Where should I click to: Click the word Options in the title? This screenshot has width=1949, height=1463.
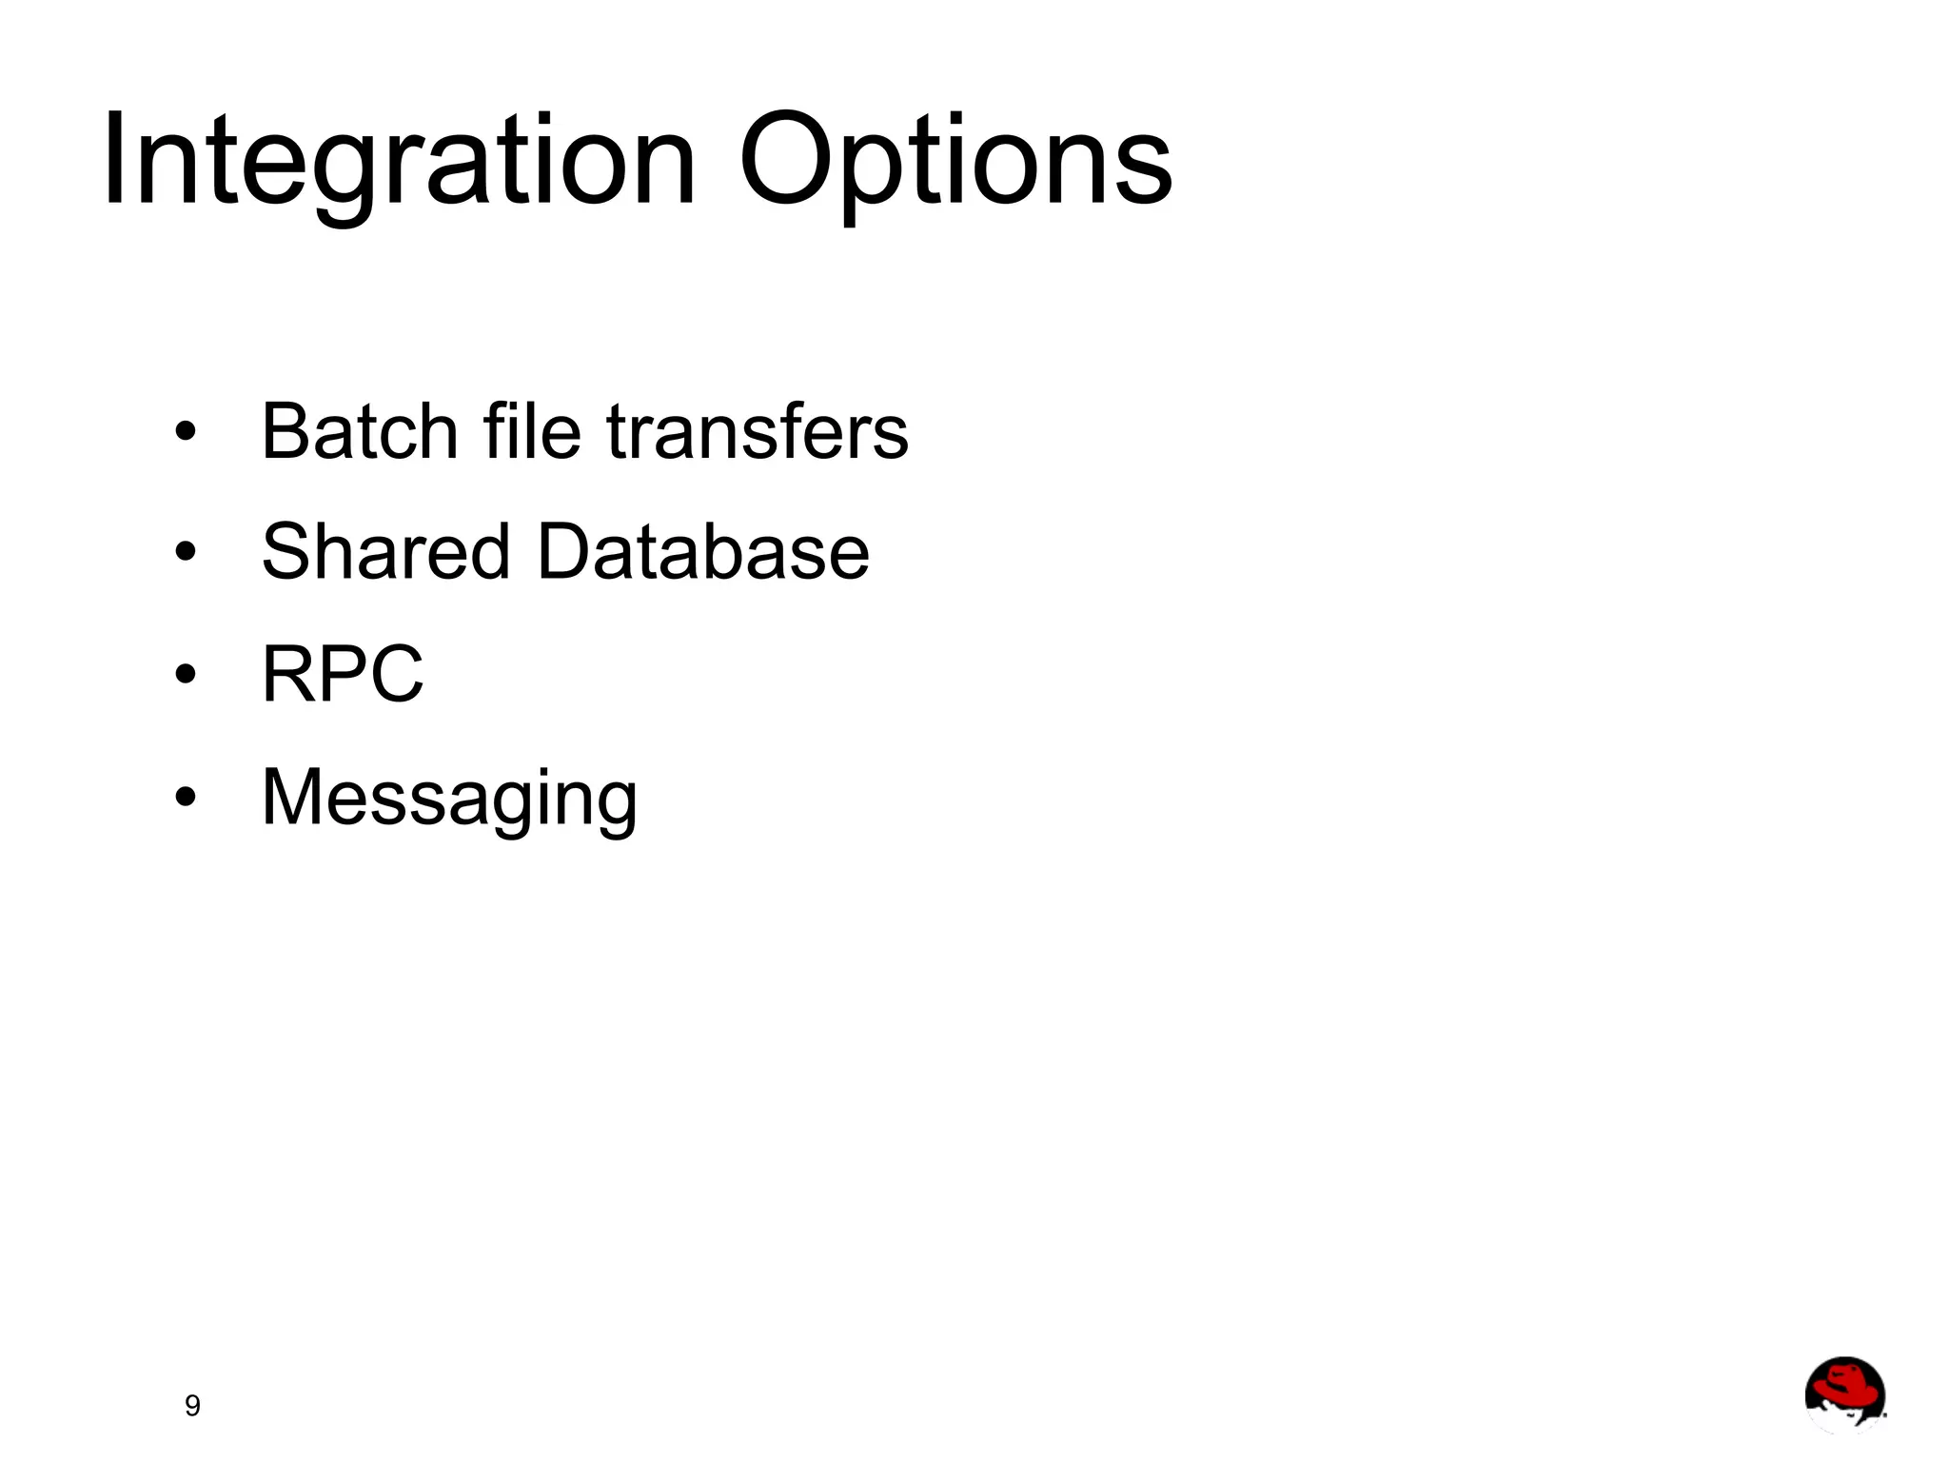pyautogui.click(x=955, y=162)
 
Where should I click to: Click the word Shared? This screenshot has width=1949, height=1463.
pyautogui.click(x=385, y=552)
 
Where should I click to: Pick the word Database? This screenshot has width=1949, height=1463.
pyautogui.click(x=703, y=552)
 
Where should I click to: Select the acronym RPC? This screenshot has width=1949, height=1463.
pyautogui.click(x=343, y=674)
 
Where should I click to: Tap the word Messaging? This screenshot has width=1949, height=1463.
pyautogui.click(x=449, y=798)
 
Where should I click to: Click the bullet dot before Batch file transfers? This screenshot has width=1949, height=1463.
pyautogui.click(x=186, y=433)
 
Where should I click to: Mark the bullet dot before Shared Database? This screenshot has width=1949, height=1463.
pyautogui.click(x=186, y=552)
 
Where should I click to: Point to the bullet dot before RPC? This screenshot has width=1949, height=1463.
pyautogui.click(x=186, y=674)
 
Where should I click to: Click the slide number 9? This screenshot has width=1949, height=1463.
pyautogui.click(x=192, y=1406)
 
